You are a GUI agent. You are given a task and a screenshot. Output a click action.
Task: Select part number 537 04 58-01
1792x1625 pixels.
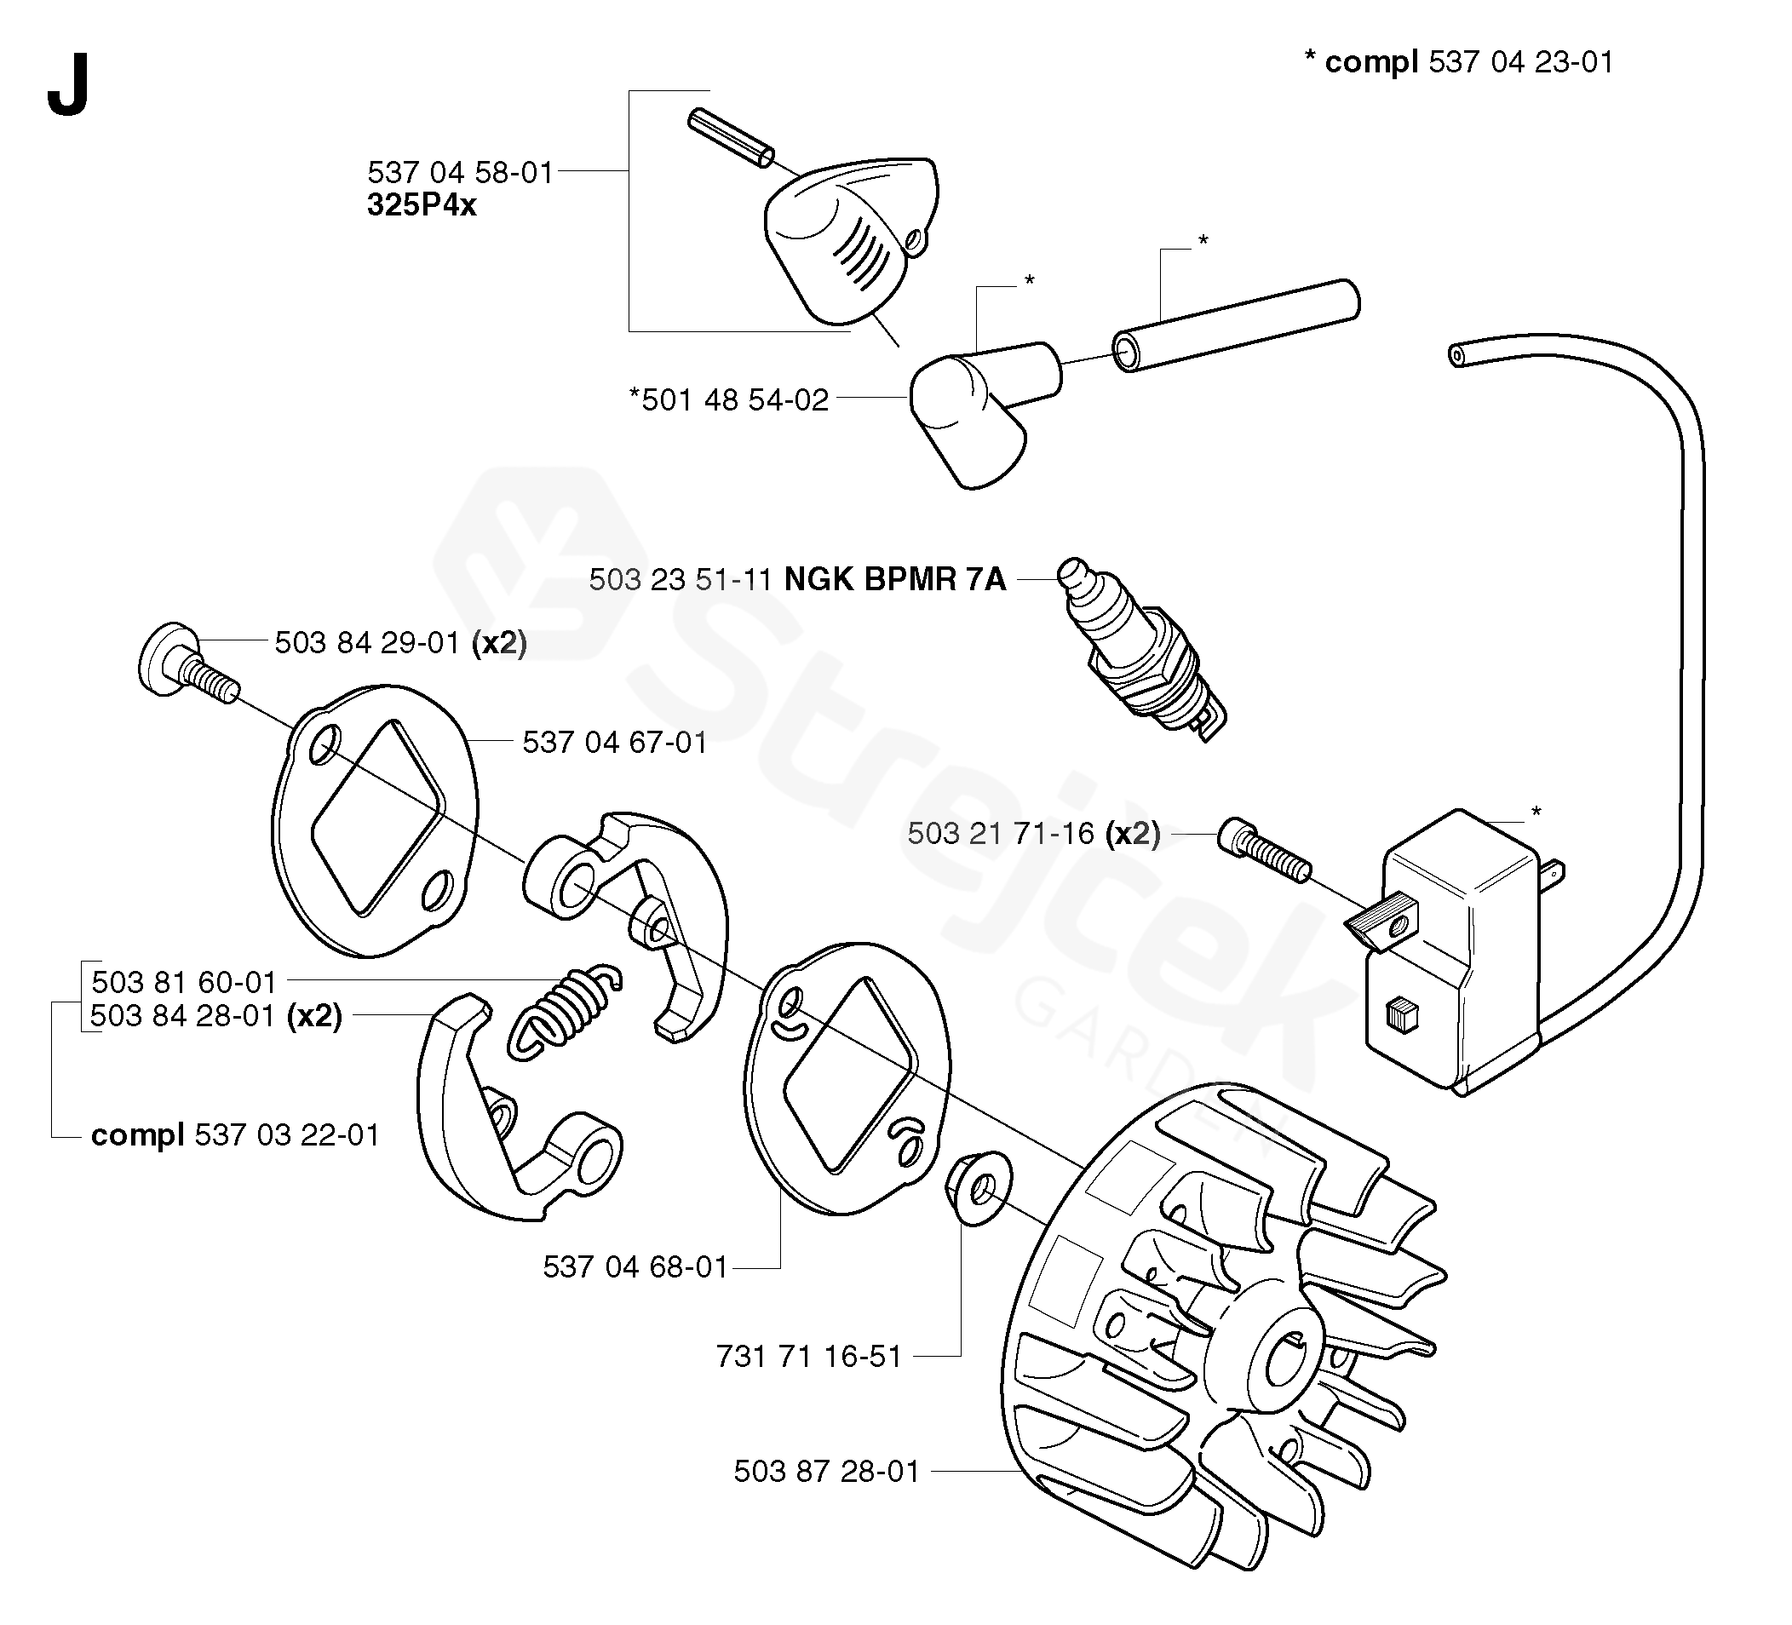tap(460, 171)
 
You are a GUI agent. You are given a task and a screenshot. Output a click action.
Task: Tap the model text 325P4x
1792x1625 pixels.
tap(422, 205)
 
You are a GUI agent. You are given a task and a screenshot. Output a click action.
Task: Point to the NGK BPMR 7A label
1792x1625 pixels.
tap(894, 580)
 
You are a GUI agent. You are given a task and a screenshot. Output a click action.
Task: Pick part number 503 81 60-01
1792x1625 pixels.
tap(184, 982)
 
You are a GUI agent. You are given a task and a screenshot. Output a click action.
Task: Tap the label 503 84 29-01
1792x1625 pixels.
tap(366, 642)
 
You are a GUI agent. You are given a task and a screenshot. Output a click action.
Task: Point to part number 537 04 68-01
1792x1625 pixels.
tap(635, 1266)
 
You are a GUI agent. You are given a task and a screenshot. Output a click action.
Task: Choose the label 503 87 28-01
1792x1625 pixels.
tap(826, 1471)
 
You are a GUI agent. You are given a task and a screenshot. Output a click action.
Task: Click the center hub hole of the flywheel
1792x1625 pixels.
tap(1286, 1356)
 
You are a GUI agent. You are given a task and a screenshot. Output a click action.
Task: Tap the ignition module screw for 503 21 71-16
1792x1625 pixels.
tap(1263, 850)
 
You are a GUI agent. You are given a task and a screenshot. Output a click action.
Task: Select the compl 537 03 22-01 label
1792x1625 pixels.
tap(235, 1135)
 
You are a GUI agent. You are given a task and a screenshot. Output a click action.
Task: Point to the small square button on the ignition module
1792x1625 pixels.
tap(1402, 1015)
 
